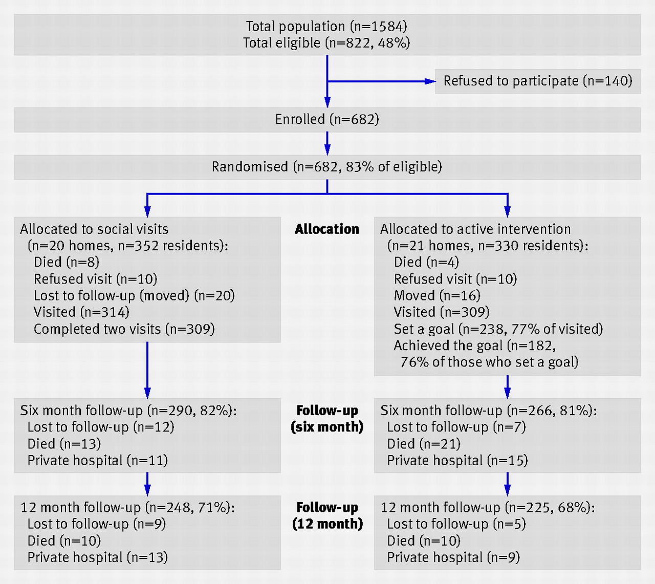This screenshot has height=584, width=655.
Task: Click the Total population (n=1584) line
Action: tap(326, 26)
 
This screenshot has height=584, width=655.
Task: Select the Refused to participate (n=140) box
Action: tap(538, 81)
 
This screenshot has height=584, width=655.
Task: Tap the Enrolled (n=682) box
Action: tap(327, 120)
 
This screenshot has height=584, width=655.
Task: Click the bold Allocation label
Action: tap(327, 229)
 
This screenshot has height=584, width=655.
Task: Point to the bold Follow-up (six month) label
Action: tap(327, 419)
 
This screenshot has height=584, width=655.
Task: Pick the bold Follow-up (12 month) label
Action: tap(327, 516)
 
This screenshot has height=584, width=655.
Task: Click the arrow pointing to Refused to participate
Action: tap(382, 81)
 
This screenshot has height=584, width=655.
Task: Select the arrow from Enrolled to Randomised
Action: tap(327, 144)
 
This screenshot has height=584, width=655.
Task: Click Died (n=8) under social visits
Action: tap(67, 262)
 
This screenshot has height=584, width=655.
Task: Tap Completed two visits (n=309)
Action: tap(124, 329)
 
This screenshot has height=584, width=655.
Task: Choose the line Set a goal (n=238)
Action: tap(498, 329)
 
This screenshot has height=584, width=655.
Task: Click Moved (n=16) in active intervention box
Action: tap(437, 295)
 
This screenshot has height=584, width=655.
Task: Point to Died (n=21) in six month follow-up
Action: tap(424, 444)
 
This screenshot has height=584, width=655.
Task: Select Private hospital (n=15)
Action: tap(457, 461)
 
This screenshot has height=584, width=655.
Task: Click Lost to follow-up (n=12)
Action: tap(101, 427)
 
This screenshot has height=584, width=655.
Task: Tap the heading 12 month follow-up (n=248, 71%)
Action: tap(128, 507)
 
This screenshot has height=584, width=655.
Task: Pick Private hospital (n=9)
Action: tap(453, 557)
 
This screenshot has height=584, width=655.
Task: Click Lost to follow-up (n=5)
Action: tap(456, 524)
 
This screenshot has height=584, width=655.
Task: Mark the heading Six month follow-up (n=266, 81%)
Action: tap(489, 410)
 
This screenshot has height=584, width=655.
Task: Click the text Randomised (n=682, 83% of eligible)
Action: tap(327, 167)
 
